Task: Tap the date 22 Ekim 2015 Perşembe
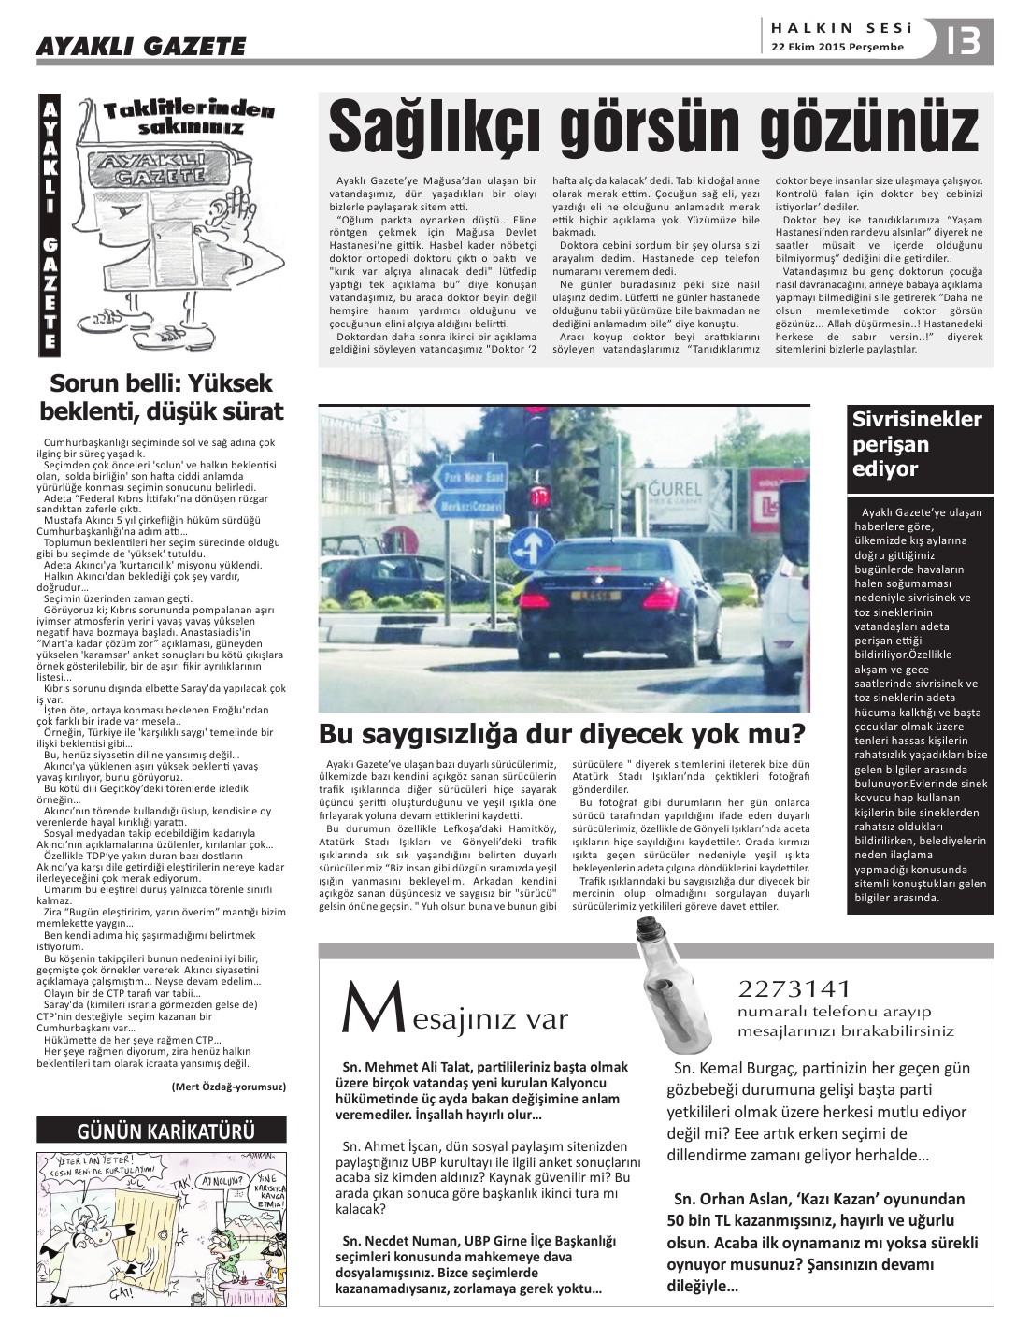click(837, 47)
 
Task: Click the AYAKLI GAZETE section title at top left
click(141, 46)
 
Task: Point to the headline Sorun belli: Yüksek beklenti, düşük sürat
click(161, 397)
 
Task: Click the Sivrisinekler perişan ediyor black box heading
click(917, 444)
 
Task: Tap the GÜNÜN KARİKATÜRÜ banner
click(161, 1131)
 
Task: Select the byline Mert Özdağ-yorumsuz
click(229, 1086)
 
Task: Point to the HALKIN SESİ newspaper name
click(836, 28)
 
